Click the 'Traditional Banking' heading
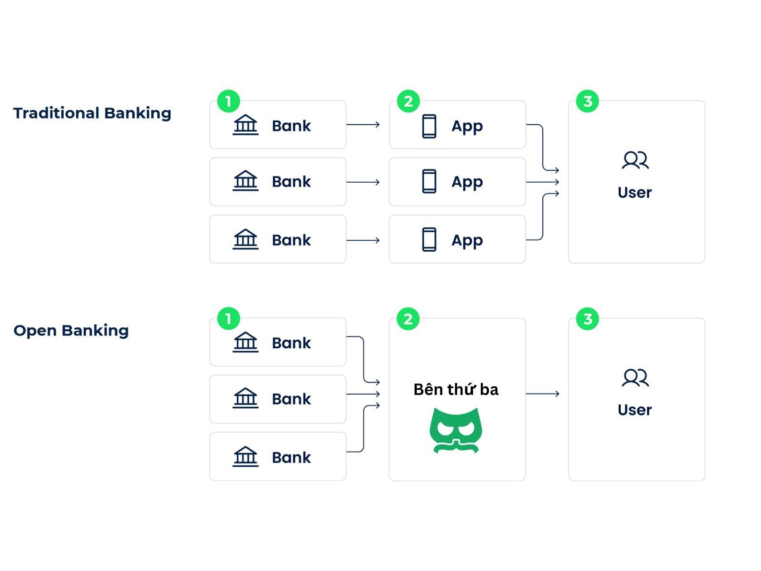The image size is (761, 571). point(92,113)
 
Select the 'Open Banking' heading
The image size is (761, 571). point(71,330)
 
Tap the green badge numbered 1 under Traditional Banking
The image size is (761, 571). point(228,101)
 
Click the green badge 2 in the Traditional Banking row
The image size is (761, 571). point(408,101)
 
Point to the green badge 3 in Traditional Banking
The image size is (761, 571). point(587,101)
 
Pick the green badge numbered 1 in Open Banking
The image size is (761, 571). point(228,319)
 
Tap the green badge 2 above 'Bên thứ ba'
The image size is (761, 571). point(408,319)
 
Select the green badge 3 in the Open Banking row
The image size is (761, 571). point(587,319)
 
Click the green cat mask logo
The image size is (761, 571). point(456,430)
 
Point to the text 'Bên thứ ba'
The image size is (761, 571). point(456,389)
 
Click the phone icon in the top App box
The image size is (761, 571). point(429,126)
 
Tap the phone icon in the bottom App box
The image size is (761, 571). point(429,239)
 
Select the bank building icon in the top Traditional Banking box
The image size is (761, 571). point(245,125)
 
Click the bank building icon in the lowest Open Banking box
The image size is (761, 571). point(245,457)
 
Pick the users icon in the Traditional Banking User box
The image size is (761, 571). point(635,160)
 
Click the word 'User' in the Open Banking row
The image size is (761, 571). point(634,410)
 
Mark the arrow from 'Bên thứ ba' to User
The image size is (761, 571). point(543,394)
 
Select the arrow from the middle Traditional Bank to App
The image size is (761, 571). point(363,182)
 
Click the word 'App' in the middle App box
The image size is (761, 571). point(467,183)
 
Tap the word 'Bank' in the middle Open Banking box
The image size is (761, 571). point(291,399)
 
